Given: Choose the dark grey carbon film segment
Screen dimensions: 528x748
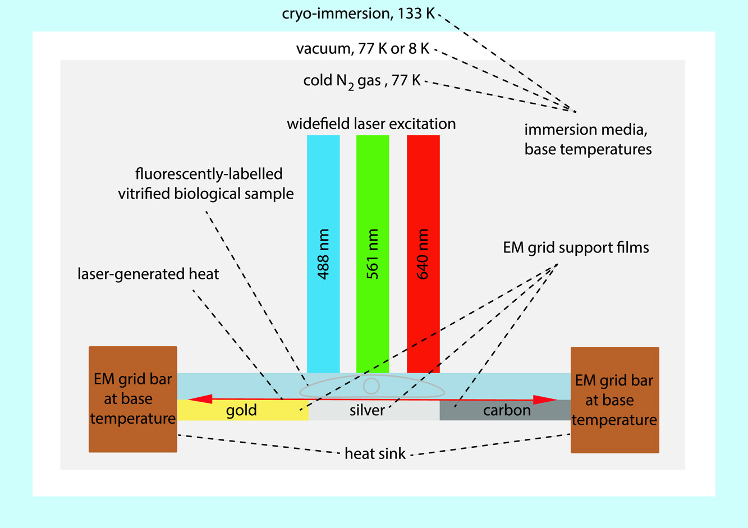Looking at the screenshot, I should (505, 411).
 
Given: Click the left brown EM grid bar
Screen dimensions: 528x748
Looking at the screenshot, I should (133, 399).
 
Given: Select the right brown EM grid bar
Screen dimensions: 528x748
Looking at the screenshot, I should (614, 400).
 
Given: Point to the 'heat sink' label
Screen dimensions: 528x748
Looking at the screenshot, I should (375, 453).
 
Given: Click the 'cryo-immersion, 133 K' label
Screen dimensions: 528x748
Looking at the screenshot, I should (359, 13).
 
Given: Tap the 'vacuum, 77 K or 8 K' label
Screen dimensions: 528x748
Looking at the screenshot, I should (363, 49).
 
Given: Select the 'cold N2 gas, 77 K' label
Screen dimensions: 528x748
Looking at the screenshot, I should (362, 81).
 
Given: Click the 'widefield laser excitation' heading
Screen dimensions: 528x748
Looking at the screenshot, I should (371, 123).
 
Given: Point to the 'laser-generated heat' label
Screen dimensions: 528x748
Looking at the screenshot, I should (148, 274).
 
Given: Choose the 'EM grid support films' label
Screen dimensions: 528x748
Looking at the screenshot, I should (576, 247).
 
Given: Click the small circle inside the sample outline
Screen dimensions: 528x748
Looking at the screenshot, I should (371, 386).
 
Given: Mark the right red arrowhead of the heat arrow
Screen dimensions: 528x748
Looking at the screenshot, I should (545, 400).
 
